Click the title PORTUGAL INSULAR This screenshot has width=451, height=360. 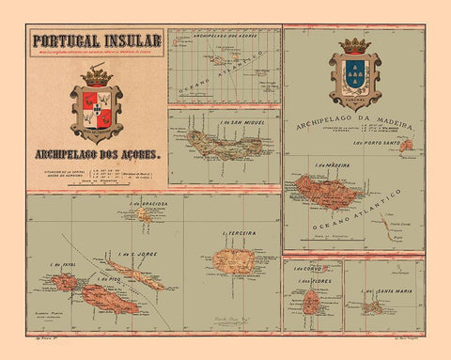pos(98,40)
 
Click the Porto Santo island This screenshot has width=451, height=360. pos(405,147)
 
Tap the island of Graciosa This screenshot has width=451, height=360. pos(143,214)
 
